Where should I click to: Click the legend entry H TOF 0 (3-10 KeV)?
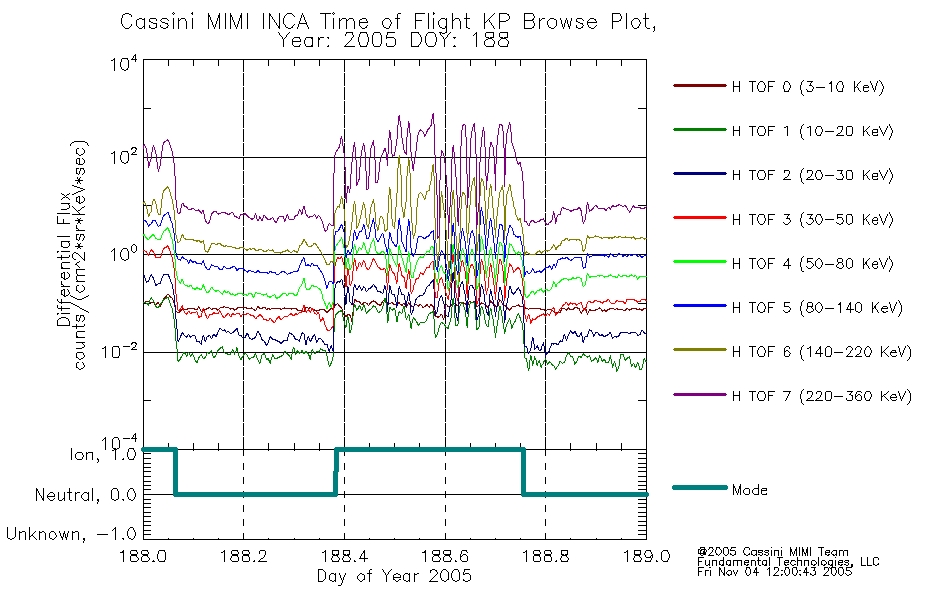click(x=808, y=87)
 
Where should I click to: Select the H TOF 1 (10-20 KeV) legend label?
click(x=812, y=131)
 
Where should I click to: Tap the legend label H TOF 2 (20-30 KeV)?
click(x=812, y=175)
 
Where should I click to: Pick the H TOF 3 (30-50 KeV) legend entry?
click(x=812, y=219)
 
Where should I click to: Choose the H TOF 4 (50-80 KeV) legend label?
click(x=812, y=264)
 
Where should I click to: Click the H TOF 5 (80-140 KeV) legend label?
click(x=817, y=308)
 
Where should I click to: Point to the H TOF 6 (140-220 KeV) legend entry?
click(x=822, y=352)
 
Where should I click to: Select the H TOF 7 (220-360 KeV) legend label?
click(x=822, y=396)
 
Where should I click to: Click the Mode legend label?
click(x=749, y=490)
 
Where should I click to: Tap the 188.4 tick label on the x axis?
click(x=344, y=556)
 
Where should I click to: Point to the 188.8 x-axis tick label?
click(x=545, y=556)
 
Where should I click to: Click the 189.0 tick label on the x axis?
click(x=646, y=556)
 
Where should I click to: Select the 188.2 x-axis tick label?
click(x=244, y=556)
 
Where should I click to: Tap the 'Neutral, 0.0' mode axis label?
click(x=86, y=495)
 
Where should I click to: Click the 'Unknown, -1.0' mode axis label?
click(x=71, y=534)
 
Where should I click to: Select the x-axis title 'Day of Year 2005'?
click(x=394, y=576)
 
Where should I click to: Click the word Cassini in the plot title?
click(x=159, y=22)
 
